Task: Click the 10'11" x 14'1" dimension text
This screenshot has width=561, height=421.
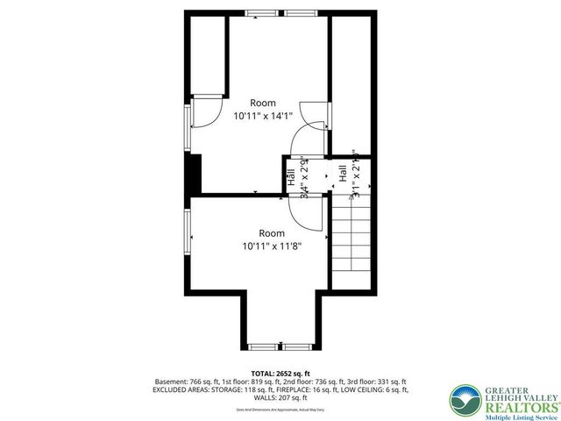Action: point(263,115)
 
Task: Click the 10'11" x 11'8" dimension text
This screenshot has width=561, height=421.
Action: point(271,246)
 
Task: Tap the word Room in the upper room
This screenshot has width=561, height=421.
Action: point(263,102)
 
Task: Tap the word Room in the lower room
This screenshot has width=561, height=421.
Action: point(271,233)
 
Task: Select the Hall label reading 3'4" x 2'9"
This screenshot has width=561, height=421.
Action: point(298,179)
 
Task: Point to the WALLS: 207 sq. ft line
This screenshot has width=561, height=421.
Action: point(280,399)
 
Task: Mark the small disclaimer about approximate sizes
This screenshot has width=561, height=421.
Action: point(280,410)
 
